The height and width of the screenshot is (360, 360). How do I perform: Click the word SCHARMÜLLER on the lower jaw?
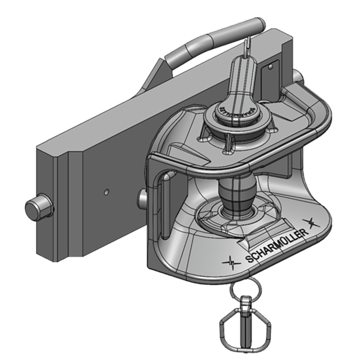[277, 246]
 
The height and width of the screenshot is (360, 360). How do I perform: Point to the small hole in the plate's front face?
[106, 192]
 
